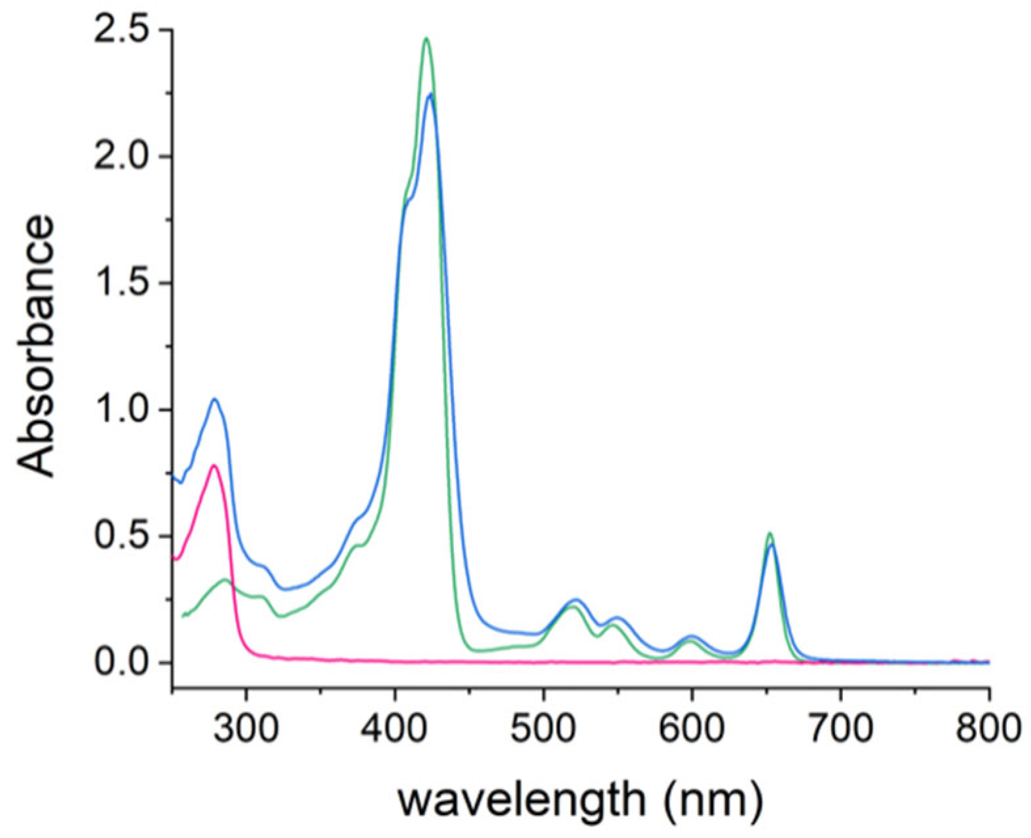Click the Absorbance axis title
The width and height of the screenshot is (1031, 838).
36,347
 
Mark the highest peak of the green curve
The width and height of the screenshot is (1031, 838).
426,39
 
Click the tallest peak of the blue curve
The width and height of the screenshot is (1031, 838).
430,94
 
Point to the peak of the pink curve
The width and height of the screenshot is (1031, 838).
214,465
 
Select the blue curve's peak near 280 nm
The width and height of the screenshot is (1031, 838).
214,399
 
